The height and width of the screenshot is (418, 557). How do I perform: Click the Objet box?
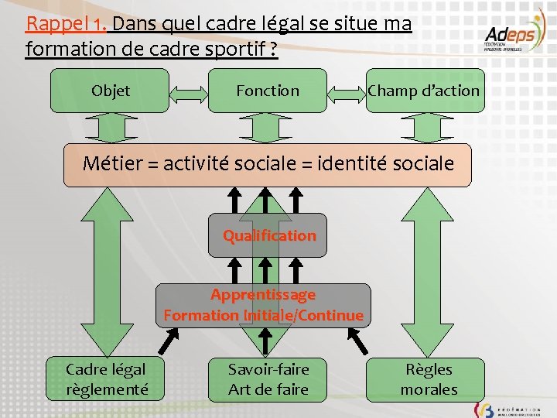coord(110,91)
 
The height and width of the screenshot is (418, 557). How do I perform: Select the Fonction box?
coord(268,91)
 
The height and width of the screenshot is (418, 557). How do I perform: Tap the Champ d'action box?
coord(423,91)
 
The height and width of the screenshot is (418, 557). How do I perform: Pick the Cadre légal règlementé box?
coord(107,379)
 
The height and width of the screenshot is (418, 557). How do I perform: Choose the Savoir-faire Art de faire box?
coord(268,379)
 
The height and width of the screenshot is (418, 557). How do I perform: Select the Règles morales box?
coord(429,379)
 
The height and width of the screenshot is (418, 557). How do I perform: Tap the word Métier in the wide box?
coord(113,163)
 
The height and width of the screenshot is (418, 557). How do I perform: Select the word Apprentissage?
coord(263,295)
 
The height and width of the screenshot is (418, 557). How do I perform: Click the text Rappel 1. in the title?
coord(65,24)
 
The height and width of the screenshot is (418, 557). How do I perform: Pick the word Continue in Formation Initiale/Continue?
coord(332,315)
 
